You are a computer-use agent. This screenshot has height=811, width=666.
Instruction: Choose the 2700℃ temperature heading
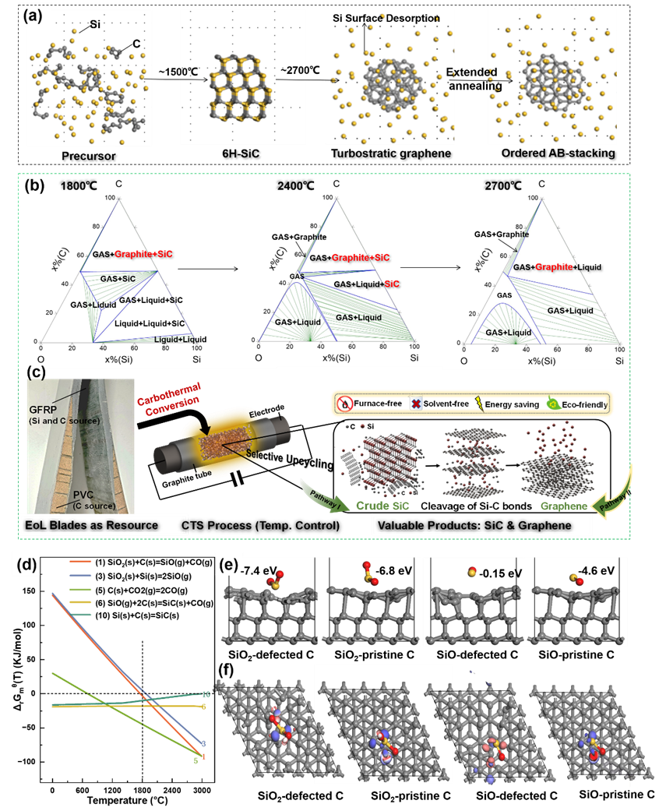[x=502, y=186]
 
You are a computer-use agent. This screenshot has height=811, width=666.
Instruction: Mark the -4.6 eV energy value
[x=597, y=569]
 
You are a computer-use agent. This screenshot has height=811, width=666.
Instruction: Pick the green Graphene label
[x=556, y=505]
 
